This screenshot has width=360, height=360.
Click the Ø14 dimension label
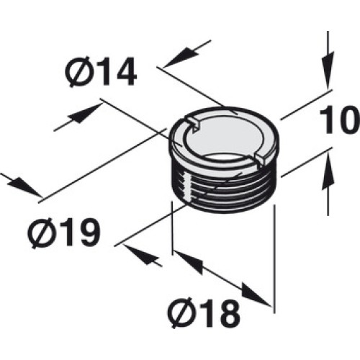tap(101, 71)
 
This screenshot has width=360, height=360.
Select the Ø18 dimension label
tap(204, 312)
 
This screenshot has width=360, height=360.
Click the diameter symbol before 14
tap(77, 72)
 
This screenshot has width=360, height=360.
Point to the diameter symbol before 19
tap(40, 233)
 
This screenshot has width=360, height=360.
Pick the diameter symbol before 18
tap(180, 312)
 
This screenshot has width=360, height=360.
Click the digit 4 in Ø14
tap(124, 71)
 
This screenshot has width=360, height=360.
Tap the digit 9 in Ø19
tap(88, 233)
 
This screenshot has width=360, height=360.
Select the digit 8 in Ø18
tap(228, 312)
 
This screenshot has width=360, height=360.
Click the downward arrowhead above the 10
tap(328, 70)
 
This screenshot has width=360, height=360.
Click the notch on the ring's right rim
tap(261, 159)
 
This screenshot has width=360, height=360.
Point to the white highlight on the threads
tap(187, 185)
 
